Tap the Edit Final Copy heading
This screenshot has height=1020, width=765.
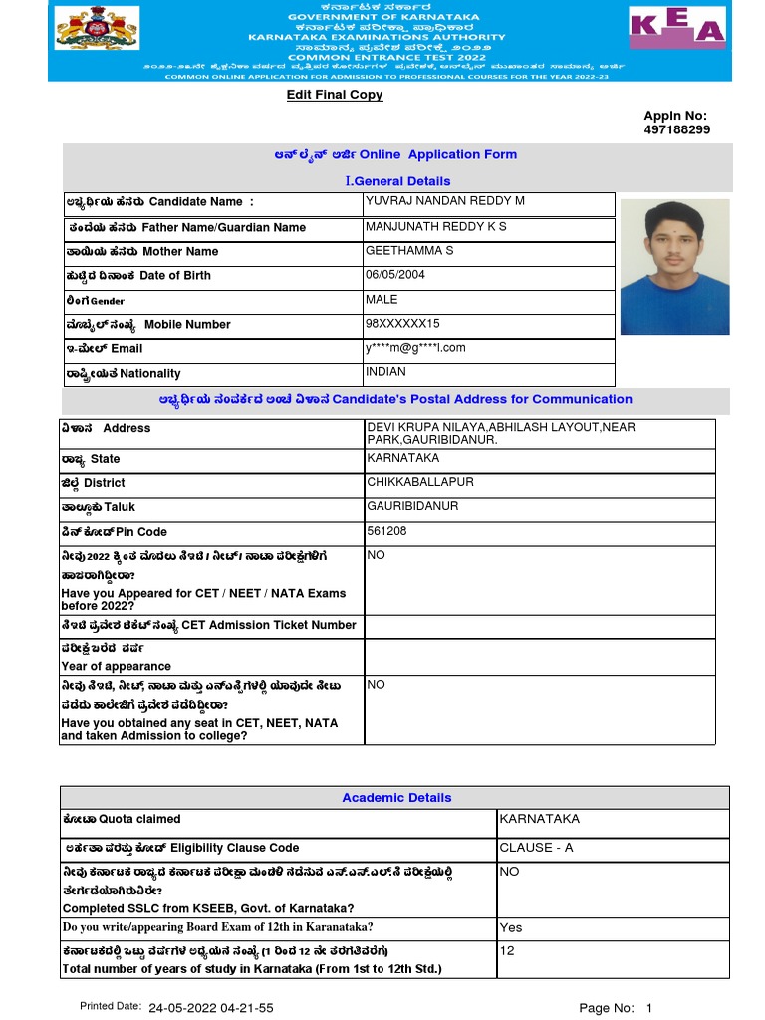click(x=335, y=95)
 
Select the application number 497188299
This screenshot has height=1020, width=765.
click(x=677, y=129)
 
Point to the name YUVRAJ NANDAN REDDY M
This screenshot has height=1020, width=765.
click(x=444, y=201)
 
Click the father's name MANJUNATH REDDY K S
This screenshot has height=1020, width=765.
click(x=435, y=227)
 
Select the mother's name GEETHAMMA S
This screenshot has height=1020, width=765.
click(x=409, y=251)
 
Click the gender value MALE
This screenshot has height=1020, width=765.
click(x=382, y=299)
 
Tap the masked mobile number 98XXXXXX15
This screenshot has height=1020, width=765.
click(x=402, y=324)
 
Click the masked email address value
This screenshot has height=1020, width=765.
click(x=415, y=348)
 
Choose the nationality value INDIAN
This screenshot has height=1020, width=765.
click(x=385, y=372)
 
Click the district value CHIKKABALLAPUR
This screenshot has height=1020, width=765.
click(x=420, y=482)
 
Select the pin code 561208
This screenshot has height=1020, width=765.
click(x=386, y=531)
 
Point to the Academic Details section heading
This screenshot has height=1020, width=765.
click(x=396, y=798)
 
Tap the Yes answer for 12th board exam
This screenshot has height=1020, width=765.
click(x=510, y=927)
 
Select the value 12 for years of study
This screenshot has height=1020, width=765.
click(x=507, y=951)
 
